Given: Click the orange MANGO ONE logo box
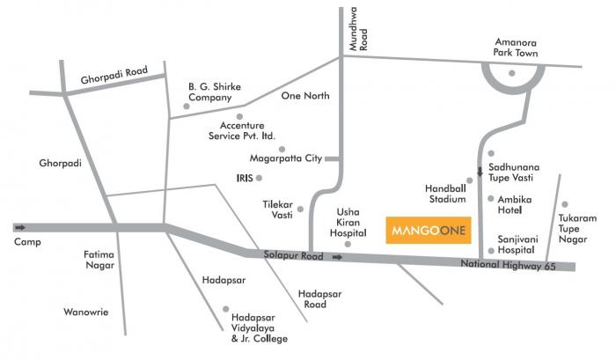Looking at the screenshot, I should click(x=428, y=230).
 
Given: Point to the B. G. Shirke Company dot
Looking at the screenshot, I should click(x=186, y=107).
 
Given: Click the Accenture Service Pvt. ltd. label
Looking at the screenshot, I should click(x=242, y=131).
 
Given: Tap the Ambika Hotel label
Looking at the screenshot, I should click(x=515, y=205).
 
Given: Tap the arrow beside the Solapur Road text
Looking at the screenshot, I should click(x=337, y=257).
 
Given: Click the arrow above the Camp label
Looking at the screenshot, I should click(x=19, y=226).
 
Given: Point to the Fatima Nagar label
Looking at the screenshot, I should click(x=99, y=261).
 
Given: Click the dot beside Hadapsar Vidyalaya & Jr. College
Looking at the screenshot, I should click(x=226, y=310).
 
